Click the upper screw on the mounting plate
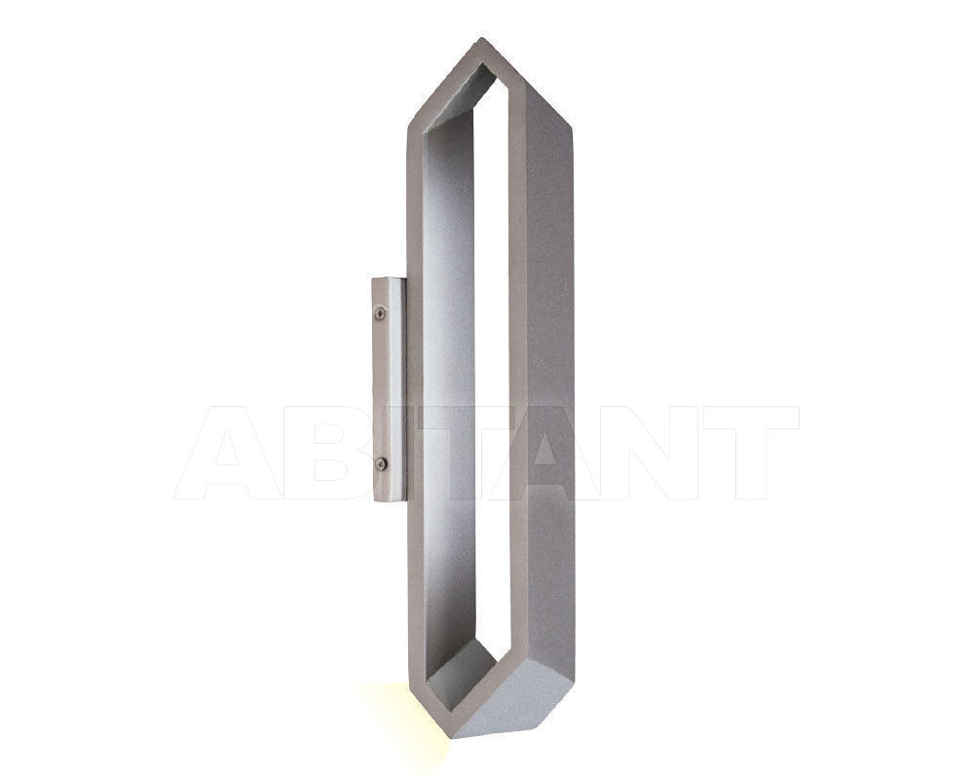[x=380, y=313]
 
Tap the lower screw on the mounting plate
[x=380, y=463]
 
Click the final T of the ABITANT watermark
[x=755, y=454]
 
